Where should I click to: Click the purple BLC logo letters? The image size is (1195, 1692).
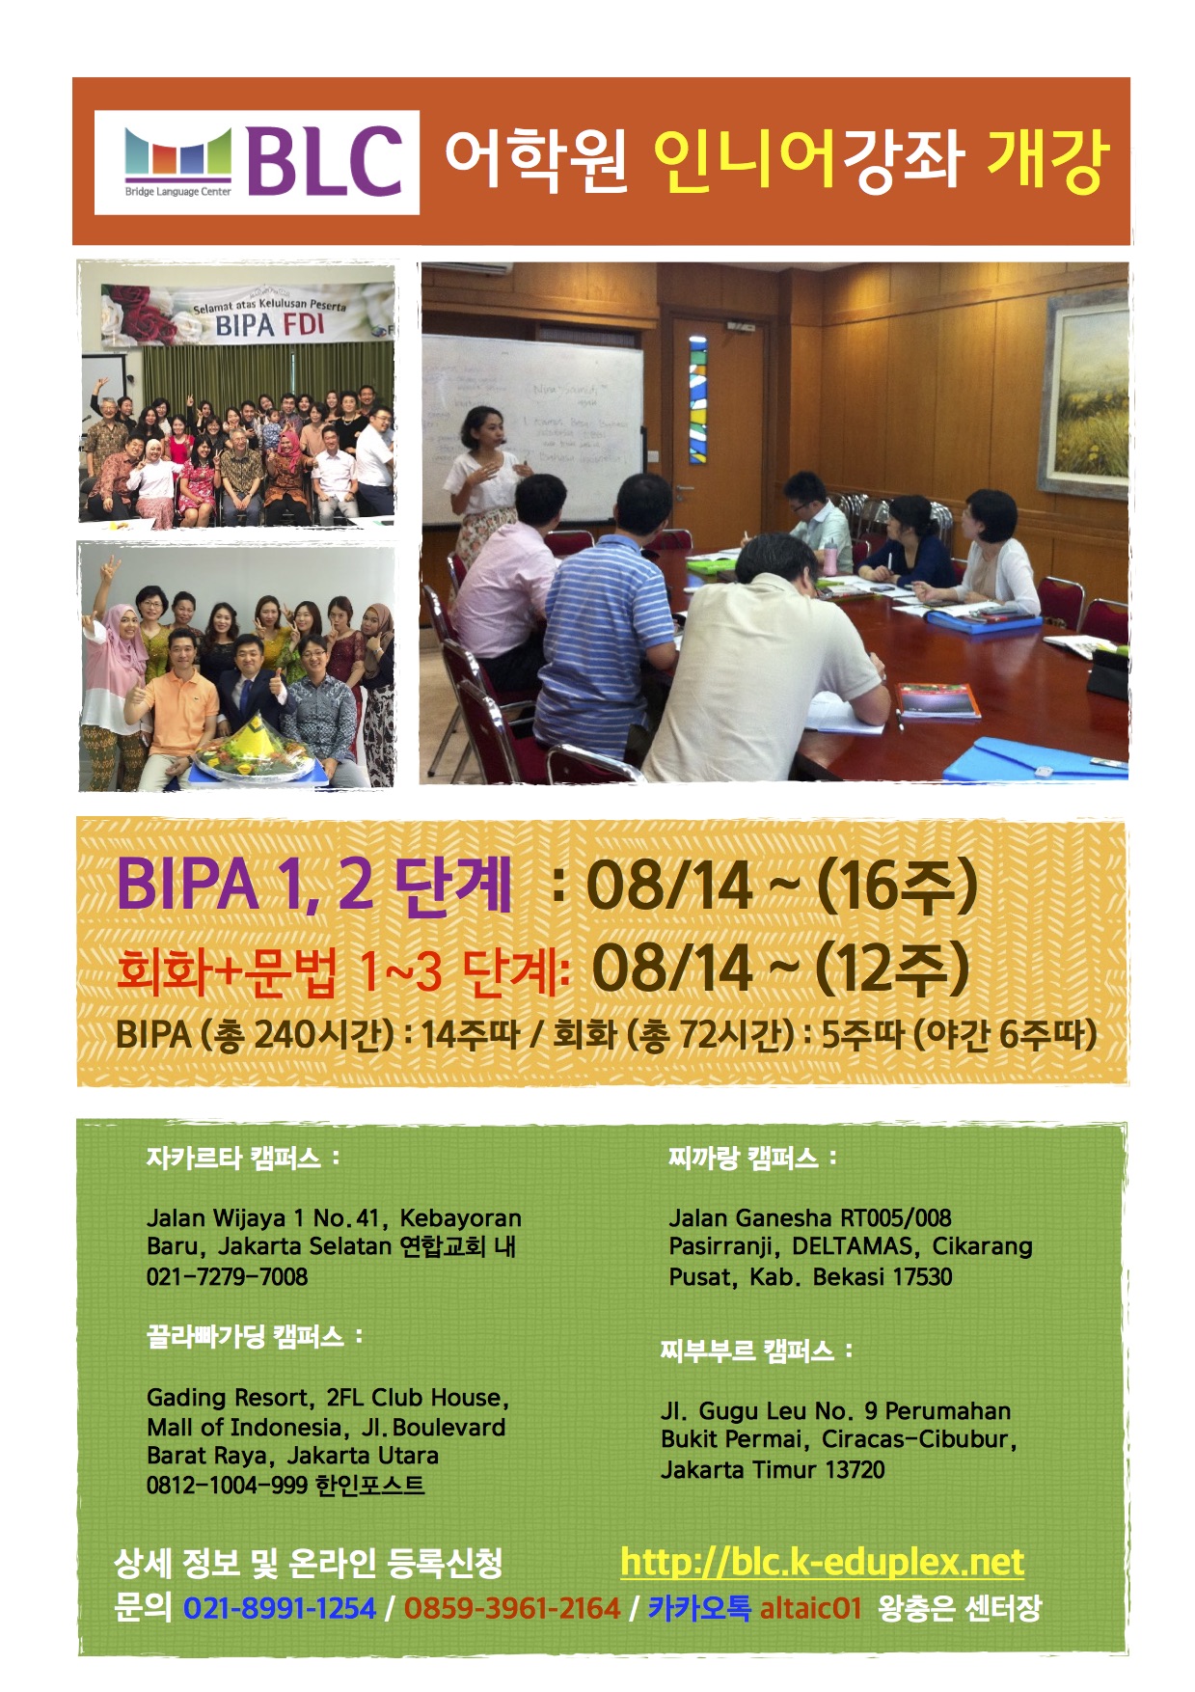tap(324, 161)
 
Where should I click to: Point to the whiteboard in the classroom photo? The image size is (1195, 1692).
tap(532, 424)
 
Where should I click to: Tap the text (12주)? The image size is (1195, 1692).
tap(892, 968)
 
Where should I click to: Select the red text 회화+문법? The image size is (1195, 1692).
tap(227, 970)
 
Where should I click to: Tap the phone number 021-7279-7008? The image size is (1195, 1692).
tap(228, 1276)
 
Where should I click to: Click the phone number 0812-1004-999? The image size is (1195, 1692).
tap(227, 1485)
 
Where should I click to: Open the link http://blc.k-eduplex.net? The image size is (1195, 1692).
tap(823, 1562)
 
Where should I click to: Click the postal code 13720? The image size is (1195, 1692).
tap(856, 1469)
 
